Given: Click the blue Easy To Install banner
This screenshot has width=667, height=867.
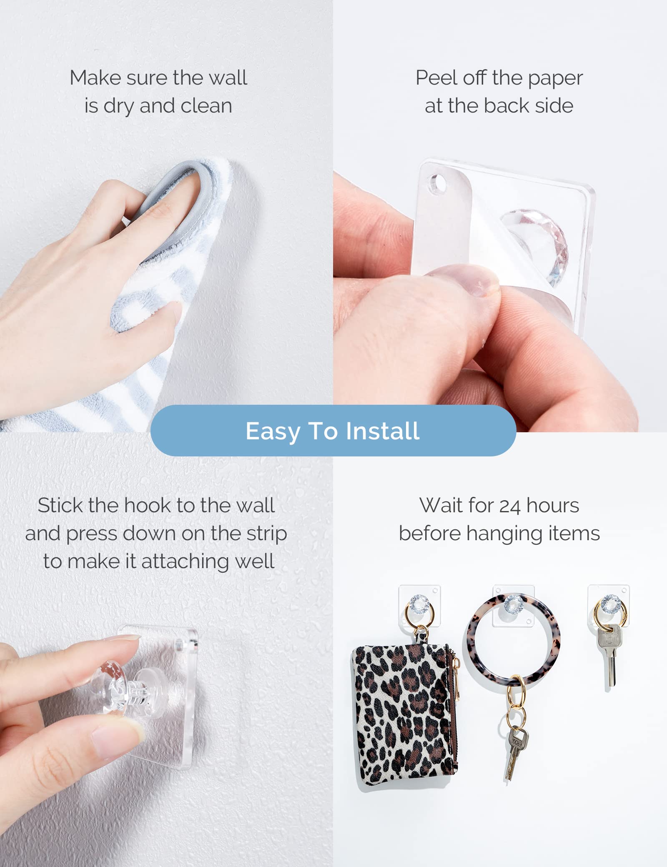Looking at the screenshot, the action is point(333,430).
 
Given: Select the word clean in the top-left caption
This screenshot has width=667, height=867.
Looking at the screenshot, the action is point(206,106).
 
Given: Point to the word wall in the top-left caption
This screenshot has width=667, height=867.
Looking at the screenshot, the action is point(228,78).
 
